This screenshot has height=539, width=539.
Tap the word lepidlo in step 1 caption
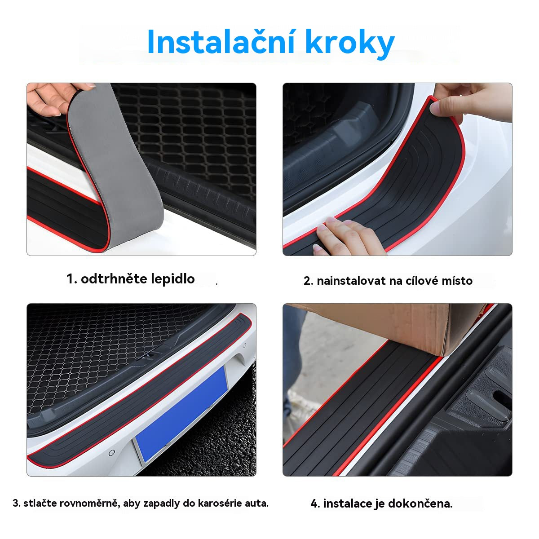[x=172, y=279]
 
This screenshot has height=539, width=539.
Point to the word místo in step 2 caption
[x=456, y=281]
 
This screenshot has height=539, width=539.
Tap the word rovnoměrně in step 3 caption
[x=94, y=504]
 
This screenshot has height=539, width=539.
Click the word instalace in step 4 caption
[x=347, y=504]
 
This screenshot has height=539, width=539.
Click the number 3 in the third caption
[x=16, y=504]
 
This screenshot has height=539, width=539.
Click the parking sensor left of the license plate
[x=111, y=452]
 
